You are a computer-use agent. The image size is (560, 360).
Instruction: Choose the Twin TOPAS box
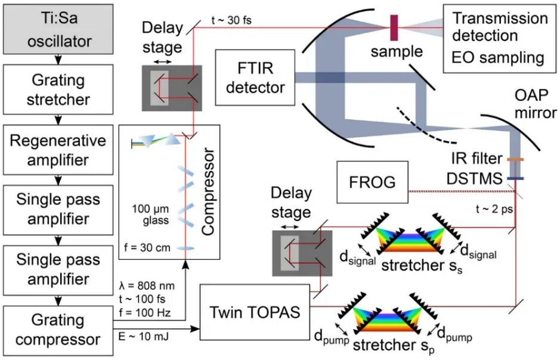254,311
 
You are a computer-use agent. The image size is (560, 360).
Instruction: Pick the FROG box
372,181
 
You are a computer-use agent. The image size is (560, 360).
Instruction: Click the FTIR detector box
255,77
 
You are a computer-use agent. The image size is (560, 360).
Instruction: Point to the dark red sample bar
394,27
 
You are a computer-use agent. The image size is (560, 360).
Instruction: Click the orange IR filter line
515,160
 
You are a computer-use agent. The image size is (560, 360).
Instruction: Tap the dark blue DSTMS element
515,177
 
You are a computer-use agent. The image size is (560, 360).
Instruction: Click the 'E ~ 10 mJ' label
143,337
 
